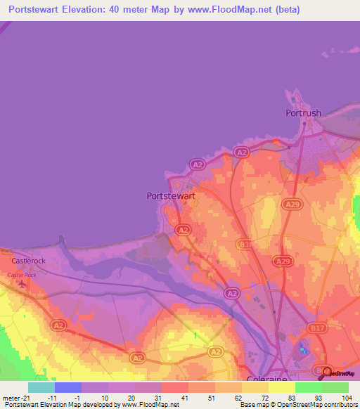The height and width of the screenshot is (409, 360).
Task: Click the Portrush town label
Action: coord(303,112)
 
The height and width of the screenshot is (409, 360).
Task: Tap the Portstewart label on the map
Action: coord(172,197)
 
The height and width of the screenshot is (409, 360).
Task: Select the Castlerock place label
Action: coord(28,261)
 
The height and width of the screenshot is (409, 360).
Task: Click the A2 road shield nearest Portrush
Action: coord(241,152)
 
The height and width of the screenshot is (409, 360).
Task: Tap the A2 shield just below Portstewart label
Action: coord(182,230)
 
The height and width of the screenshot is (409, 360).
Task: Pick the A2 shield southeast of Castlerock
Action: coord(59,325)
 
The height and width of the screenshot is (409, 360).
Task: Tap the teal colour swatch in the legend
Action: coord(41,387)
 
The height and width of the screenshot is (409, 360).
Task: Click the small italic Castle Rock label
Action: coord(21,275)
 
